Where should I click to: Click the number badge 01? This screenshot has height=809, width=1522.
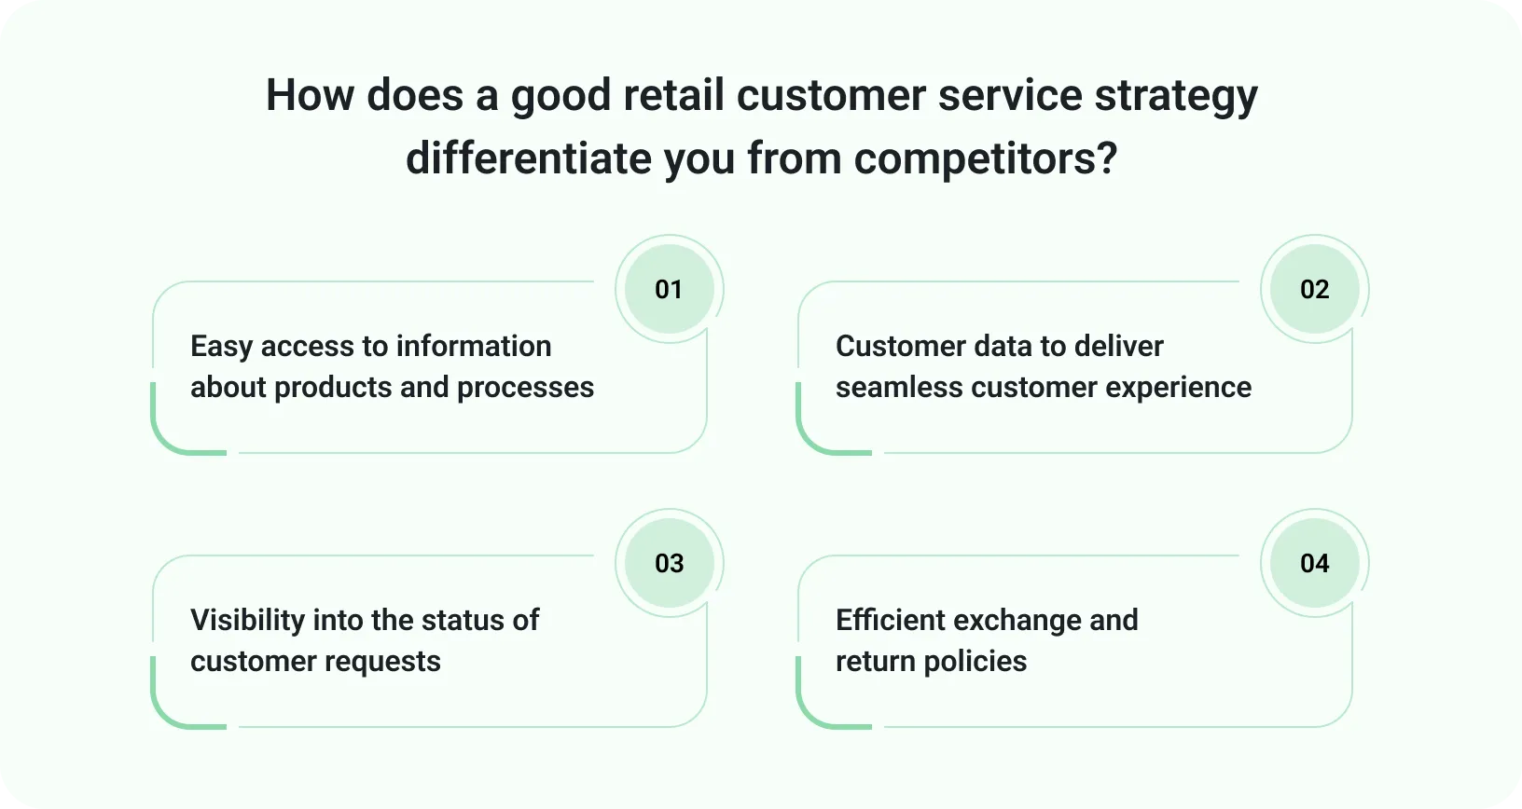pos(670,289)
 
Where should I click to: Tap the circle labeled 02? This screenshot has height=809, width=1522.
pos(1315,289)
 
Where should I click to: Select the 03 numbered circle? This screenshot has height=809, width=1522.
pos(670,563)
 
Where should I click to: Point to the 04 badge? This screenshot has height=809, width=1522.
pos(1315,563)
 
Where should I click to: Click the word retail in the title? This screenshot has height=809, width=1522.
pos(673,95)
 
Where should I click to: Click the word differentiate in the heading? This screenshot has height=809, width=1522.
pos(529,158)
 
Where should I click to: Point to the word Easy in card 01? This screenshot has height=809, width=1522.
pos(221,348)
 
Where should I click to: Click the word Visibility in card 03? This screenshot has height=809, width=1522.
pos(247,621)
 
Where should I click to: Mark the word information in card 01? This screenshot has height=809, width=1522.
pos(474,347)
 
